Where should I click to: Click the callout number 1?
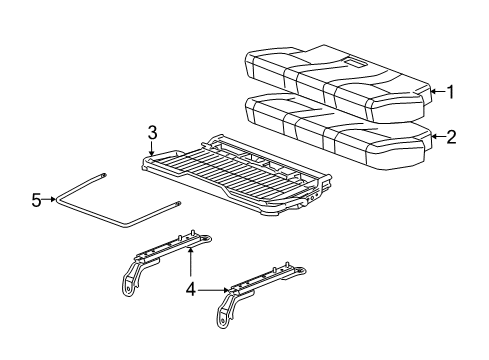451,92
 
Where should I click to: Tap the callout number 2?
451,137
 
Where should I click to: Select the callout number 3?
153,133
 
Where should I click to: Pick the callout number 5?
35,200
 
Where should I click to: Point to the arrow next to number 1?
436,92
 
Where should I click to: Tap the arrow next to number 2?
436,137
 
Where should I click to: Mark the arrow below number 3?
153,150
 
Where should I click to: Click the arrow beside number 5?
50,200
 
